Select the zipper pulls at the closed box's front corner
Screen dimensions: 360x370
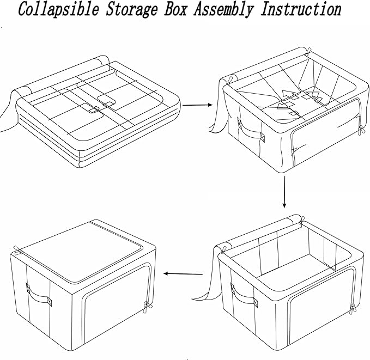point(147,308)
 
